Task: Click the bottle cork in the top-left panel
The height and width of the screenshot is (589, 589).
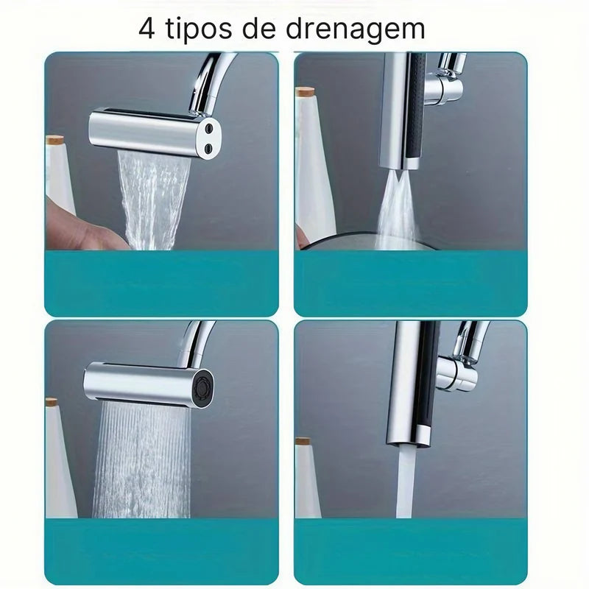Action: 56,140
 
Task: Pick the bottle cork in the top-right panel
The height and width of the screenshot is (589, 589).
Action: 305,92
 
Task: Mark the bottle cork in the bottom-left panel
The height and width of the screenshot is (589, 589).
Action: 51,403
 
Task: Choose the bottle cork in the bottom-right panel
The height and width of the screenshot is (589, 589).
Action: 303,442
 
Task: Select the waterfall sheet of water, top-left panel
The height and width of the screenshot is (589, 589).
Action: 155,199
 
